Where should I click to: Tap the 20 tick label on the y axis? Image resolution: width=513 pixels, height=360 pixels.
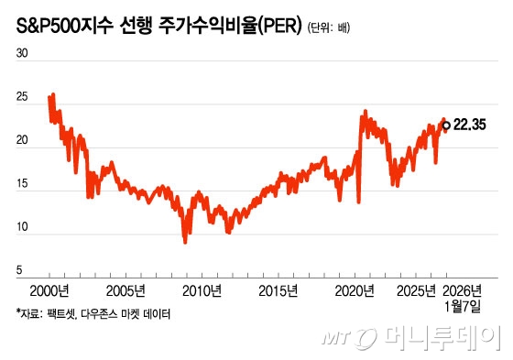pos(23,143)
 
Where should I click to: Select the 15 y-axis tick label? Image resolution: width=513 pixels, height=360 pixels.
pos(23,186)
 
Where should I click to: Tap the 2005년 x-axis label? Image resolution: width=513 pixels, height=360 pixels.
pos(127,292)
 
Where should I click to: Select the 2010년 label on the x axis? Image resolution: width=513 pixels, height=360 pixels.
pos(203,292)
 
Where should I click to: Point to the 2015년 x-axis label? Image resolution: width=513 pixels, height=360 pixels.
pos(280,292)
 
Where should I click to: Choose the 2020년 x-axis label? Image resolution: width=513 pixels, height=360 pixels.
pos(356,292)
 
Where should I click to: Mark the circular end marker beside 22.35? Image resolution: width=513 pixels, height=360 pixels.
pos(446,125)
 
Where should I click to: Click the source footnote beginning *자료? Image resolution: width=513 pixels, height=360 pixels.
pos(93,314)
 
